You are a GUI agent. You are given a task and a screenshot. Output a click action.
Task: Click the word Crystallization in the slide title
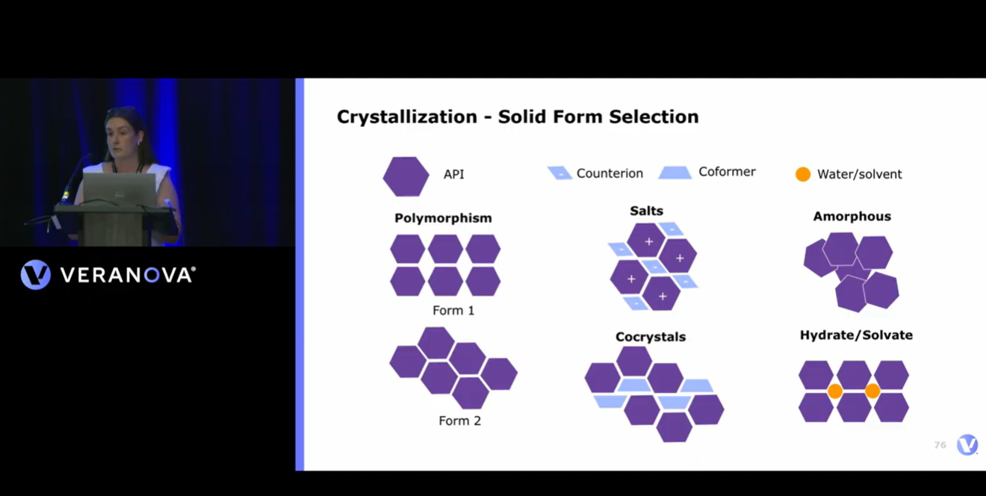coord(407,117)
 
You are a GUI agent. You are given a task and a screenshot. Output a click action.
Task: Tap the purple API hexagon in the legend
coord(406,176)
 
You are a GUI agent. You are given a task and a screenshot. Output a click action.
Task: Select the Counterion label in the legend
coord(610,173)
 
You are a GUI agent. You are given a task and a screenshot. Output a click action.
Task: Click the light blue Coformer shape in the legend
coord(675,173)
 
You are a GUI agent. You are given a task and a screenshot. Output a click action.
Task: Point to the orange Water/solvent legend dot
coord(803,174)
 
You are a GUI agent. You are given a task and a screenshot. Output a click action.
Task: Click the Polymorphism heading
coord(443,218)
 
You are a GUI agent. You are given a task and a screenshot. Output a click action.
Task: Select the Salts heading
coord(646,211)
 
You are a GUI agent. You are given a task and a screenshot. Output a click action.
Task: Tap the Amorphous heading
coord(852,217)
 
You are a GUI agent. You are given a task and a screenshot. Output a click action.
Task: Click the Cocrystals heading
coord(651,337)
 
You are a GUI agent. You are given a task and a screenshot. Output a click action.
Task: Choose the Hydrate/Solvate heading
coord(856,335)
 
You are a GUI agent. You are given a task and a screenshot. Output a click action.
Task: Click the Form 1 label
coord(453,311)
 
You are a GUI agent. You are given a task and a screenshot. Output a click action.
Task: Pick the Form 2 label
coord(459,421)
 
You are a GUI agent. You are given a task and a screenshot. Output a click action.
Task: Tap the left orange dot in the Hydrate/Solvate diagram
coord(835,391)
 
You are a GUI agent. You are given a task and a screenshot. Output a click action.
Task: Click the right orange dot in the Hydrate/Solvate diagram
coord(872,391)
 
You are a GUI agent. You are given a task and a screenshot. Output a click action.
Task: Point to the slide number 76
coord(940,445)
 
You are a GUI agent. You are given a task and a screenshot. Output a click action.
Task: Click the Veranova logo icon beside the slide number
coord(967,444)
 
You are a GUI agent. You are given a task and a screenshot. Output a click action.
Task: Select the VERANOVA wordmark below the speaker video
coord(128,275)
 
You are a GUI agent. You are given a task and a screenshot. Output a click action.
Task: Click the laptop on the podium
coord(119,189)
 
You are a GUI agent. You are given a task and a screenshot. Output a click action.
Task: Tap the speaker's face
coord(121,134)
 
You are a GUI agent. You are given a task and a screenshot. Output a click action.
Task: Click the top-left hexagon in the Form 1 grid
coord(408,249)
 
